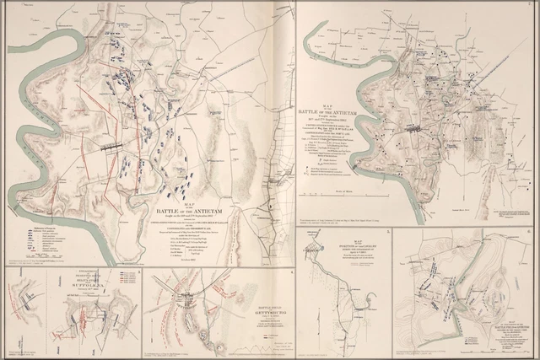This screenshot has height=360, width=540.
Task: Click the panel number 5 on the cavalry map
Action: tap(387, 230)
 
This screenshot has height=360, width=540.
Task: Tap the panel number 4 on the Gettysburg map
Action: tap(292, 271)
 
